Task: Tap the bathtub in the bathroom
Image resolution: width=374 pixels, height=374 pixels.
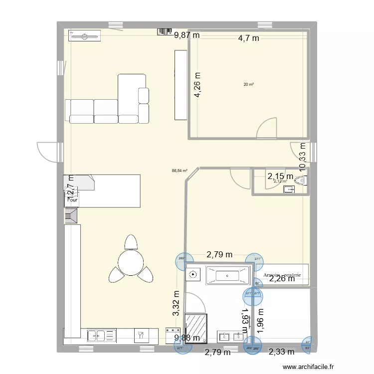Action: (x=227, y=275)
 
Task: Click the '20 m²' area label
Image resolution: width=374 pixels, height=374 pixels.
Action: (x=248, y=84)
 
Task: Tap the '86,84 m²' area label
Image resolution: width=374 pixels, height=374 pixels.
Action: (x=179, y=170)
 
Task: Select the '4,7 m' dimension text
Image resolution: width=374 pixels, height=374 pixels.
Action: (x=248, y=38)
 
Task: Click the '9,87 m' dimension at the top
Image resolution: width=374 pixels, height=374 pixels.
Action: (x=186, y=35)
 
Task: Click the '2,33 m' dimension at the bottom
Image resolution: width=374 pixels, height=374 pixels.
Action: (x=281, y=352)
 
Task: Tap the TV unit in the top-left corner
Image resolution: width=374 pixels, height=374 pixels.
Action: (x=84, y=35)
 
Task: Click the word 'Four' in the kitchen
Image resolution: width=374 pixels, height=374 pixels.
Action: (x=72, y=200)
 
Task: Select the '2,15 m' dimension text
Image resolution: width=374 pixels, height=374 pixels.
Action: (x=280, y=176)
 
